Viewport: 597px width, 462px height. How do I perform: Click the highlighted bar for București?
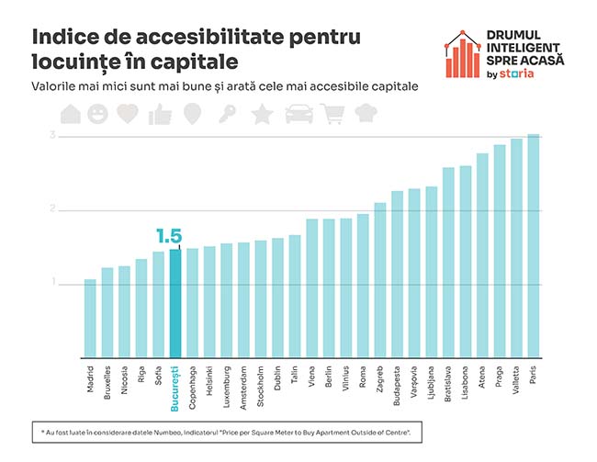coord(175,302)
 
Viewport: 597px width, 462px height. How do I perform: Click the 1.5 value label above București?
coord(169,236)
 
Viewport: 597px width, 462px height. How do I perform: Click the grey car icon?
coord(298,114)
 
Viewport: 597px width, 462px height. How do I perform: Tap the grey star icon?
coord(262,114)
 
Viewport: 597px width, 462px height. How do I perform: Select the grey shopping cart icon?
coord(332,114)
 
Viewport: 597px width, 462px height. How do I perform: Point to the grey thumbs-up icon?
coord(161,114)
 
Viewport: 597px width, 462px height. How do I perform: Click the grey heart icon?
coord(129,114)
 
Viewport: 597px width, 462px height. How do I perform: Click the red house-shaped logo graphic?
coord(465,54)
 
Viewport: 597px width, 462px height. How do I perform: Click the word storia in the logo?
coord(520,74)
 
